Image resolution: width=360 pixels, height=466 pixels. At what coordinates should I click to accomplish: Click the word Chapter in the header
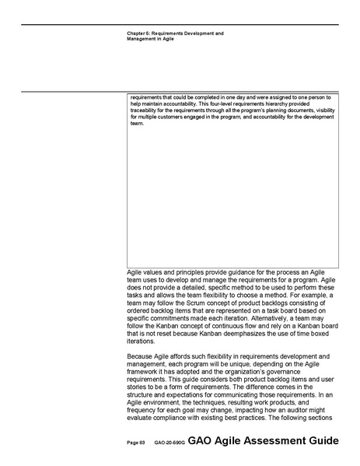[x=135, y=33]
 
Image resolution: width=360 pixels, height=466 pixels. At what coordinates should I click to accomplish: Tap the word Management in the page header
[x=140, y=39]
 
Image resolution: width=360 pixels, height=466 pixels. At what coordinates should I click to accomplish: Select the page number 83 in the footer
[x=142, y=443]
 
